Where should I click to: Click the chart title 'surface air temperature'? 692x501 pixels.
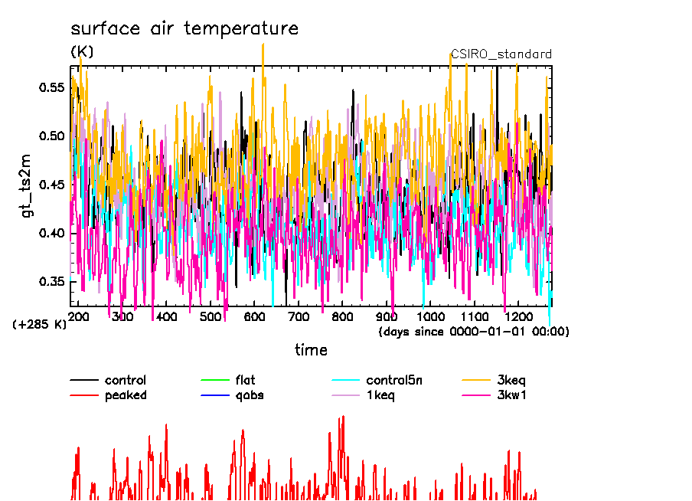tap(184, 29)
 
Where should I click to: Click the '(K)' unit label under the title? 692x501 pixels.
tap(82, 52)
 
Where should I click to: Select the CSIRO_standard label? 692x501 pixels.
tap(501, 54)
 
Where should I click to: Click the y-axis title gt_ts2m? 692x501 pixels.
tap(28, 189)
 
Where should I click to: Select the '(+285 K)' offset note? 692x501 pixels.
tap(40, 324)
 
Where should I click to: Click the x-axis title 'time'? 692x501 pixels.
tap(311, 351)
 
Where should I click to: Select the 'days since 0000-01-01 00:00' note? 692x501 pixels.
tap(474, 332)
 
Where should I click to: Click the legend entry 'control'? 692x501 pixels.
tap(126, 380)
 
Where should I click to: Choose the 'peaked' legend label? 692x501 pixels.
tap(126, 395)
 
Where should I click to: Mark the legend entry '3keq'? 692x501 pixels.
tap(511, 380)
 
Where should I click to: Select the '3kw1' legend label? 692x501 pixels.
tap(512, 395)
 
